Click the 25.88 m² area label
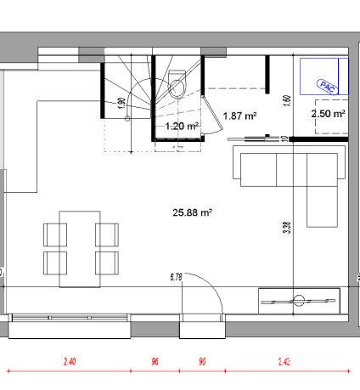click(191, 213)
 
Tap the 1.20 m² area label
click(182, 127)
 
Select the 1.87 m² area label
click(239, 116)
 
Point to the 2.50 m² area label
click(328, 113)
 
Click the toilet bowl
click(177, 84)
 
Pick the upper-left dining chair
click(55, 233)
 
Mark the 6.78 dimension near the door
click(177, 275)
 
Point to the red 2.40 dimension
click(70, 362)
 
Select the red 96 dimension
click(155, 362)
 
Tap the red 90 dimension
click(202, 362)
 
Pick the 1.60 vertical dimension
click(287, 99)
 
